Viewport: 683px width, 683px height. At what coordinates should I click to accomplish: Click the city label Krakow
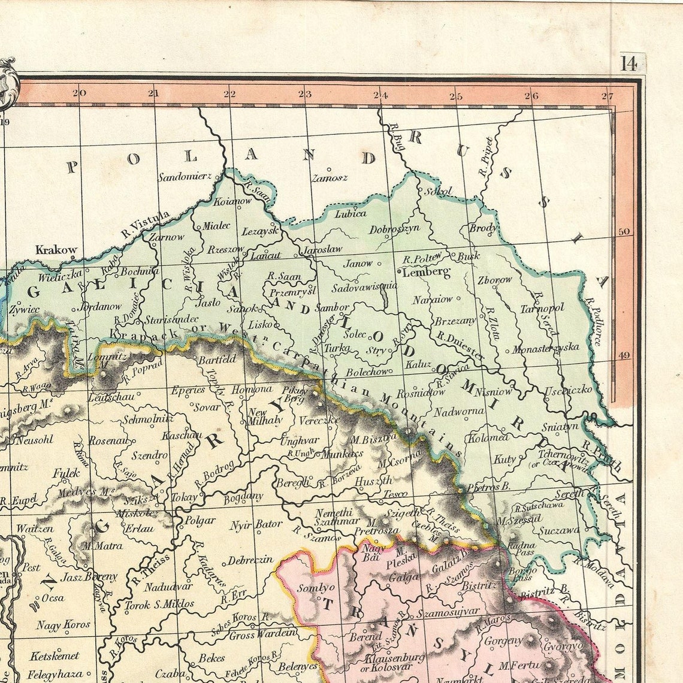pyautogui.click(x=56, y=250)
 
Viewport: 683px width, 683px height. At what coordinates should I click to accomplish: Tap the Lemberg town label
pyautogui.click(x=426, y=273)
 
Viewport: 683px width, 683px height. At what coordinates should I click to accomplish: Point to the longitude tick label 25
pyautogui.click(x=456, y=96)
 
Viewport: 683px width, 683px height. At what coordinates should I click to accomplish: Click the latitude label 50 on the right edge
pyautogui.click(x=624, y=231)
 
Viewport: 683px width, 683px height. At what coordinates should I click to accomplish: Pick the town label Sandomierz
pyautogui.click(x=185, y=176)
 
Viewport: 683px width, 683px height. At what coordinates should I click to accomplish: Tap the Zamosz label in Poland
pyautogui.click(x=330, y=178)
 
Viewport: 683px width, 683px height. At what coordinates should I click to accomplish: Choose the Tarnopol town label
pyautogui.click(x=542, y=309)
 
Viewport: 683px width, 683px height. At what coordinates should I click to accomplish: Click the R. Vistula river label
pyautogui.click(x=145, y=223)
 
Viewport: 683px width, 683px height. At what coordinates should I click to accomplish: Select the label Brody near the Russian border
pyautogui.click(x=482, y=228)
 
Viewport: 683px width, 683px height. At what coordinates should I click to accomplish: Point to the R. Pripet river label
pyautogui.click(x=486, y=158)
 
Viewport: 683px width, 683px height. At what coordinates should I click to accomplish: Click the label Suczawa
pyautogui.click(x=558, y=530)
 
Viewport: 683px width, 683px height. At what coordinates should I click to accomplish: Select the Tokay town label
pyautogui.click(x=184, y=497)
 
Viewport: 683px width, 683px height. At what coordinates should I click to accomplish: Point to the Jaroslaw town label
pyautogui.click(x=322, y=249)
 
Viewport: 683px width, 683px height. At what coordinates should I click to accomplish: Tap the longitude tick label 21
pyautogui.click(x=154, y=93)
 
